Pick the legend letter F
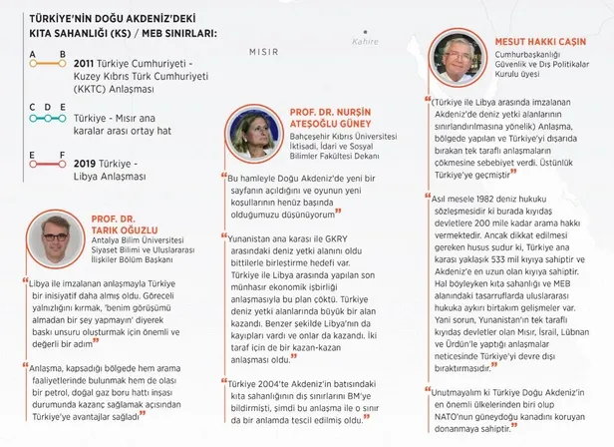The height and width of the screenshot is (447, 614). tap(63, 153)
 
